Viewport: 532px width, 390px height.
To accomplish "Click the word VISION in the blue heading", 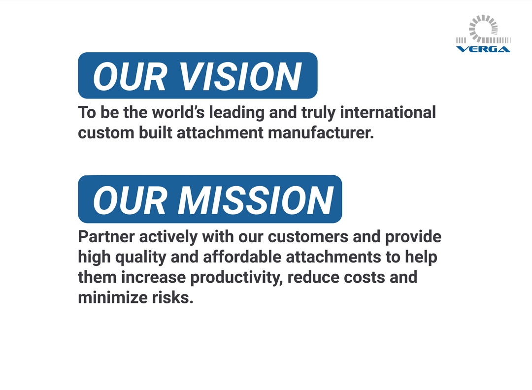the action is coord(240,77).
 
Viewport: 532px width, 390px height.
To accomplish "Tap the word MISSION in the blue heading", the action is coord(256,200).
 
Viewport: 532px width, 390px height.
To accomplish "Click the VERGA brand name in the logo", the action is coord(483,49).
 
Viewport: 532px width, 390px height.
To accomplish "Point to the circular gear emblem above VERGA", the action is coord(484,29).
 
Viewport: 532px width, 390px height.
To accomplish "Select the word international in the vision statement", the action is coord(388,112).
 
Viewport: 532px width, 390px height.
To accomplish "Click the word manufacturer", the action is coord(321,132).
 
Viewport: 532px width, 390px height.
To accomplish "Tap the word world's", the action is coord(178,112).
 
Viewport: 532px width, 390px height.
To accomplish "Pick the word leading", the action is coord(236,113).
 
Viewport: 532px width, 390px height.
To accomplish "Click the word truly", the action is coord(318,113).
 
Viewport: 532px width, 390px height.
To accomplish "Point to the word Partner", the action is coord(106,237).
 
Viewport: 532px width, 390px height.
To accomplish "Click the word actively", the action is coord(168,237).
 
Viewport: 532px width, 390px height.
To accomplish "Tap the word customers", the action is coord(308,237).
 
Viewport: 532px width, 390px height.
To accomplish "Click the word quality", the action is coord(140,258).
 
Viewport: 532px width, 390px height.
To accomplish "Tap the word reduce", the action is coord(313,277).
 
